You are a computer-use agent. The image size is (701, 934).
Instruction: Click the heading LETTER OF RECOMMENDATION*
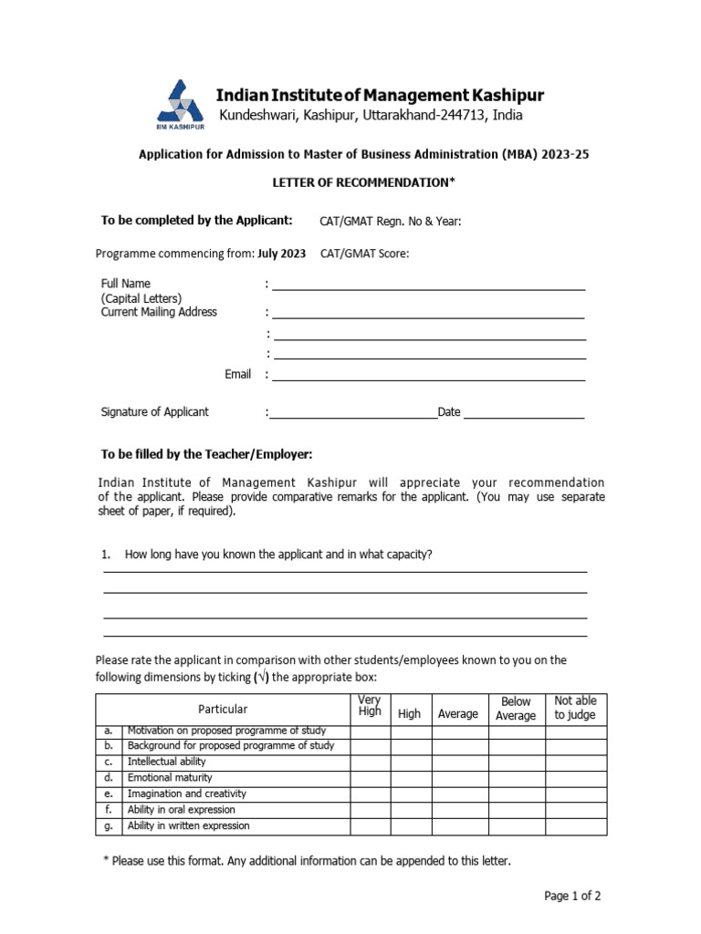[363, 183]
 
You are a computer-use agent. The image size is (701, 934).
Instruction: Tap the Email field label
[237, 375]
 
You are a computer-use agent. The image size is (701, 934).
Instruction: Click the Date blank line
[524, 416]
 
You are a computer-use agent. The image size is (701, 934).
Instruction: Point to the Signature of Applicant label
[154, 412]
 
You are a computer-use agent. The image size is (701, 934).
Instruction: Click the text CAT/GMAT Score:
[364, 254]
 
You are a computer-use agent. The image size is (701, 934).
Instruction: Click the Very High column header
[370, 706]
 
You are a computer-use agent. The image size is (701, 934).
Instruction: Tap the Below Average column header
[516, 709]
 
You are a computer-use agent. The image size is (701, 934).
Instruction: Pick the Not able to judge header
[575, 708]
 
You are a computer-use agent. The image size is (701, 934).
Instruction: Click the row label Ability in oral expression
[181, 810]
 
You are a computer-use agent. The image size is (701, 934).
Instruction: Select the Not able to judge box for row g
[575, 826]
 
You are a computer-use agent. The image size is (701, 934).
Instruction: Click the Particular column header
[223, 710]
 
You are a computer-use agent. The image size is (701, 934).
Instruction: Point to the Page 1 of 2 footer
[572, 897]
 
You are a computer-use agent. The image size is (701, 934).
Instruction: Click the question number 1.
[106, 555]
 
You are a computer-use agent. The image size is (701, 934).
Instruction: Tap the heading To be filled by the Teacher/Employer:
[206, 454]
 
